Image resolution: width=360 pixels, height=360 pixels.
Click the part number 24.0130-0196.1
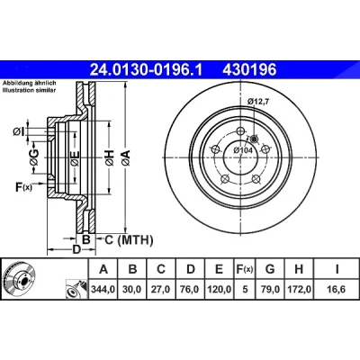147,70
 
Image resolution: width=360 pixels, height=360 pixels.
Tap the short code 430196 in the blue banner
249,70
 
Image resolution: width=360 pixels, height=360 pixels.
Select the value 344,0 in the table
103,289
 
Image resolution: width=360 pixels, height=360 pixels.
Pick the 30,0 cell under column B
132,289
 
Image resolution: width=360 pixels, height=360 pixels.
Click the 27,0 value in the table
161,289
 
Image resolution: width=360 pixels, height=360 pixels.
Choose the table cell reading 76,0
190,289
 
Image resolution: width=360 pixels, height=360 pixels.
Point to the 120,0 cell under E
219,289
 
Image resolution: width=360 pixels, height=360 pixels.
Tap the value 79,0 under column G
270,289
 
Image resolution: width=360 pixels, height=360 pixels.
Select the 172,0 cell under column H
299,289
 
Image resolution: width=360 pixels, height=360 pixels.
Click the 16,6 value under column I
337,289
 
